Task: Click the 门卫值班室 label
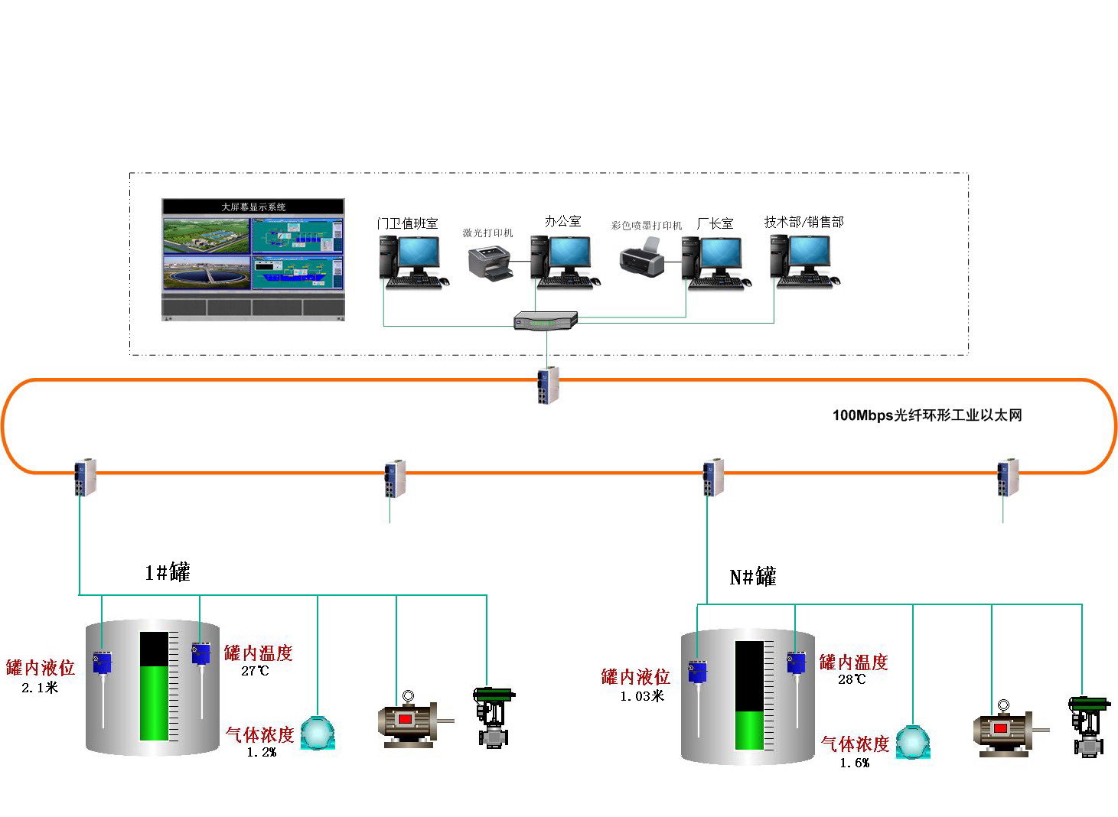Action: tap(407, 223)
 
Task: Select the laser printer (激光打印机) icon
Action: tap(490, 263)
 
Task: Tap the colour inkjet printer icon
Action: tap(641, 258)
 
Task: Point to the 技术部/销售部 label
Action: tap(803, 222)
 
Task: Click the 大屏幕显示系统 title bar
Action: tap(253, 207)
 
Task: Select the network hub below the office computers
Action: tap(546, 321)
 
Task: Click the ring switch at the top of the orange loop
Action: tap(548, 385)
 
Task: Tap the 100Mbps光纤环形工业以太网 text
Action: tap(927, 415)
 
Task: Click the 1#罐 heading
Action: tap(168, 572)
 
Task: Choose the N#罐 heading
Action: tap(753, 577)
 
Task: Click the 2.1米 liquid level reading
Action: tap(40, 688)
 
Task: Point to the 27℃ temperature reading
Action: tap(255, 671)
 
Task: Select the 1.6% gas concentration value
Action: tap(855, 763)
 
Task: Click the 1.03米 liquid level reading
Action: tap(642, 696)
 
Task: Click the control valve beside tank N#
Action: tap(1088, 726)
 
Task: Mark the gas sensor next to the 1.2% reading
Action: tap(318, 733)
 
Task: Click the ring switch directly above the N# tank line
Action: tap(713, 477)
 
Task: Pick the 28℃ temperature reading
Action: tap(852, 679)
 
